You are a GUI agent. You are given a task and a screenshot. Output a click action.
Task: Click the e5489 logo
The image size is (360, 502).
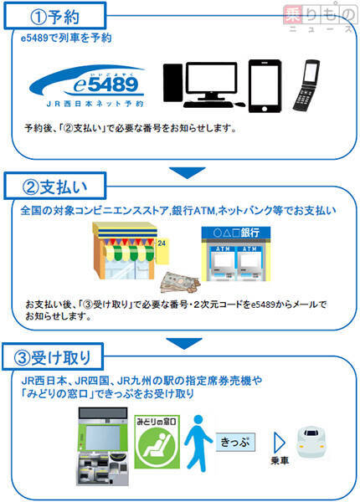(x=86, y=86)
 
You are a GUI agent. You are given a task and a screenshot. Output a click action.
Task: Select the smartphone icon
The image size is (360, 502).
(x=265, y=86)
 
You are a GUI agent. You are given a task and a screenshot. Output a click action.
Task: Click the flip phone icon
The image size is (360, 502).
(x=306, y=85)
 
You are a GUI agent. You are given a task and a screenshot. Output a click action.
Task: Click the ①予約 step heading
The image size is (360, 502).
(x=54, y=16)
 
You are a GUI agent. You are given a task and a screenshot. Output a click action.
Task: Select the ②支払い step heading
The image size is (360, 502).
(x=54, y=187)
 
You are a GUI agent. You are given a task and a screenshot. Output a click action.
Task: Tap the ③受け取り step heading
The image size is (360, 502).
(x=53, y=357)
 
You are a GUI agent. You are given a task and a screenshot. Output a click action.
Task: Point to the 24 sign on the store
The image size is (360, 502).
(x=162, y=243)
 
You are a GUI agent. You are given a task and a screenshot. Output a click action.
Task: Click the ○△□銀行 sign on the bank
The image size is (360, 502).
(x=236, y=233)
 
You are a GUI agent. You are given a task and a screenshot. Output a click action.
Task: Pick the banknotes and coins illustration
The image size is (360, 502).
(x=180, y=282)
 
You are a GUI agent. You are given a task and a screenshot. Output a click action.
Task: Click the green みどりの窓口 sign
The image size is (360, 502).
(x=157, y=442)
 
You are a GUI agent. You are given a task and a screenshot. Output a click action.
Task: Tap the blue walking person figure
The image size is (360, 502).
(x=198, y=443)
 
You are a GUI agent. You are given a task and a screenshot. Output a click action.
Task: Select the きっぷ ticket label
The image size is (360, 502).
(x=235, y=442)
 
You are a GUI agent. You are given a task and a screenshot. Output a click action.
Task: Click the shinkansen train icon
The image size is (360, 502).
(x=311, y=441)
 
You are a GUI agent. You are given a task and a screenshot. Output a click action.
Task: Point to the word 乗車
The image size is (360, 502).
(x=280, y=461)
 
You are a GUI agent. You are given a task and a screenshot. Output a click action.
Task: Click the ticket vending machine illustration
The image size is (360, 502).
(x=102, y=446)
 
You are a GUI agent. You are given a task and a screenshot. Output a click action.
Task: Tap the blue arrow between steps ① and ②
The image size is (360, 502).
(x=187, y=172)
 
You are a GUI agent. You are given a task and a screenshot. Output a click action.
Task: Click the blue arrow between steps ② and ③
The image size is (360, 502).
(x=184, y=343)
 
